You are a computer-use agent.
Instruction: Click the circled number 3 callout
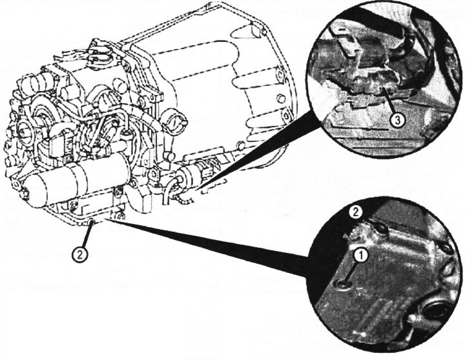[x=397, y=119]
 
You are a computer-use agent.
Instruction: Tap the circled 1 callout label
[x=360, y=255]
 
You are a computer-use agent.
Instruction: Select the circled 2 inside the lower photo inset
[x=355, y=212]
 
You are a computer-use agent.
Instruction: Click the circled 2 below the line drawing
[x=79, y=255]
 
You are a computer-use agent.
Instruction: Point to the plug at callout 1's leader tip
[x=344, y=285]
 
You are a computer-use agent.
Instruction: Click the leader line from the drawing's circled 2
[x=86, y=235]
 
